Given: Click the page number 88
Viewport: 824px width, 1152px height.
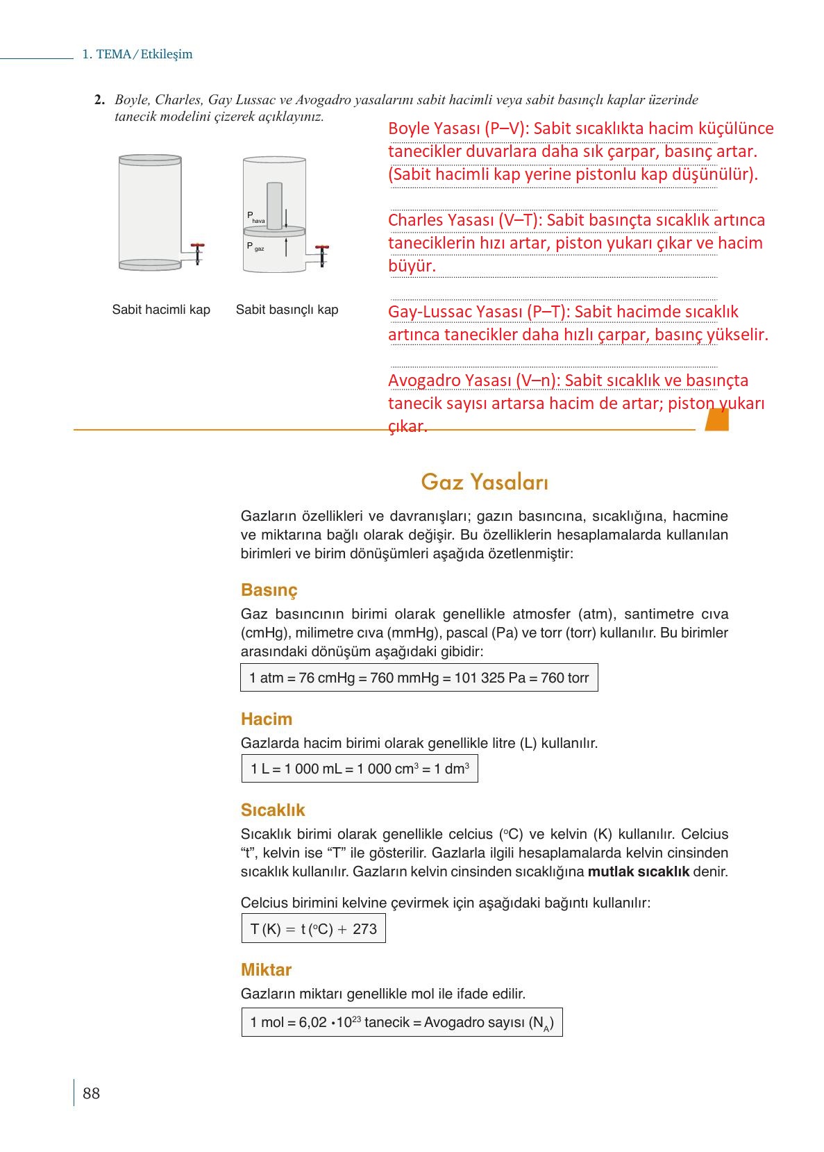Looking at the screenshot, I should [91, 1093].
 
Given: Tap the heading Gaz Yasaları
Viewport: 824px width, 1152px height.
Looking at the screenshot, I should [485, 481].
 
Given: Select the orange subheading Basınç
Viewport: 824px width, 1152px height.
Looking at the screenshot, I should [269, 590].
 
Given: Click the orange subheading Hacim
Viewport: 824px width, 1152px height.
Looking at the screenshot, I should [267, 719].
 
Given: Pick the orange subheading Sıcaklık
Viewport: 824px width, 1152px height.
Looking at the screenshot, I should [273, 810].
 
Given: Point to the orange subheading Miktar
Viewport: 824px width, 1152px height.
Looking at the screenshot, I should [266, 969].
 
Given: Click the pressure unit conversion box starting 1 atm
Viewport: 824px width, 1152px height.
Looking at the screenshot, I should [419, 678].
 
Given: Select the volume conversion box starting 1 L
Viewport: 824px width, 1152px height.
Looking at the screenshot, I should [360, 769].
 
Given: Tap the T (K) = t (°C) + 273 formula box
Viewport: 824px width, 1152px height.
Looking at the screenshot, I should [313, 928].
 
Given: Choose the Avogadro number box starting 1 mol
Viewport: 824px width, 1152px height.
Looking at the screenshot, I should [402, 1022].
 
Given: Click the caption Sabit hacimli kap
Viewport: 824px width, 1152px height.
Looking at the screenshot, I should [161, 310].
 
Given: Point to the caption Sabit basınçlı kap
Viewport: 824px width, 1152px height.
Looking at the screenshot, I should [287, 310].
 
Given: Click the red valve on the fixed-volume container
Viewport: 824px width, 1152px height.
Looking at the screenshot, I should [198, 246].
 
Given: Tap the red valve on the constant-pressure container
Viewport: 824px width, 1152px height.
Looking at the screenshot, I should [322, 247].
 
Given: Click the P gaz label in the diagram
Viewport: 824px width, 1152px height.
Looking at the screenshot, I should [255, 247].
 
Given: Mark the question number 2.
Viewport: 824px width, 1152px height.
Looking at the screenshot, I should [100, 100].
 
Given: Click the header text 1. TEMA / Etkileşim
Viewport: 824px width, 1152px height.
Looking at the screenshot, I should [137, 54].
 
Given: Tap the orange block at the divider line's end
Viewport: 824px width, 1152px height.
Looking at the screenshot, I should [716, 419].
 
